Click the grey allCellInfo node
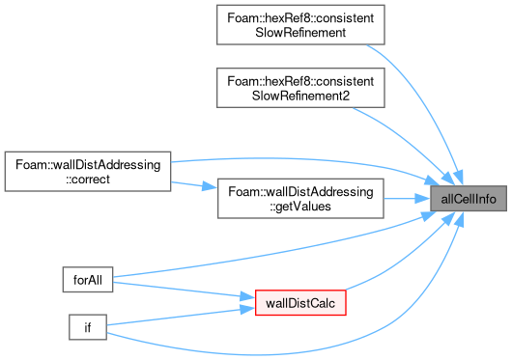pyautogui.click(x=469, y=199)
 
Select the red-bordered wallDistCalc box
pyautogui.click(x=300, y=303)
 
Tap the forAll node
pyautogui.click(x=88, y=280)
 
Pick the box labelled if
pyautogui.click(x=88, y=327)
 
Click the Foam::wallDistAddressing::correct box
pyautogui.click(x=88, y=172)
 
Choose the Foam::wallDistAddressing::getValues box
pyautogui.click(x=300, y=199)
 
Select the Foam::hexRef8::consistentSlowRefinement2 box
pyautogui.click(x=300, y=88)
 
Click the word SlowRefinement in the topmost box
pyautogui.click(x=300, y=33)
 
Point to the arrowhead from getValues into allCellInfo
pyautogui.click(x=422, y=198)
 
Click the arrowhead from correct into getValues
pyautogui.click(x=210, y=187)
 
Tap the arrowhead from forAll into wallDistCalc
pyautogui.click(x=247, y=296)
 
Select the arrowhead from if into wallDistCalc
pyautogui.click(x=247, y=309)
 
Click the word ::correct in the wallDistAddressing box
pyautogui.click(x=88, y=180)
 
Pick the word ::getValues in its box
pyautogui.click(x=300, y=207)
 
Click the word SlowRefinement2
pyautogui.click(x=300, y=96)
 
